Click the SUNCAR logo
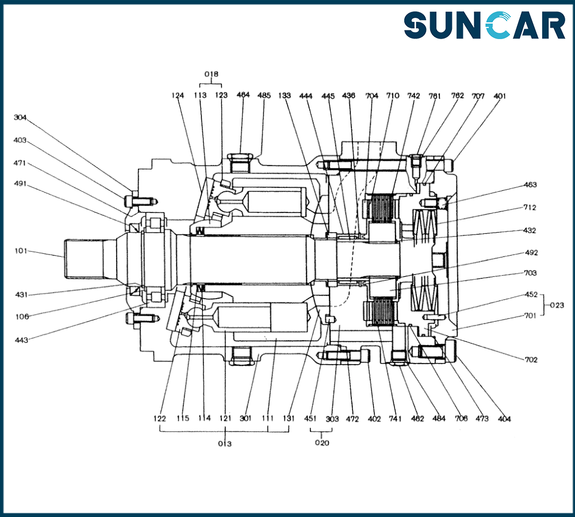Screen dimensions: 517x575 click(x=484, y=26)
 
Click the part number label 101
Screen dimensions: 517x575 click(x=22, y=251)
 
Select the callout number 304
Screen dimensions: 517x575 click(x=20, y=118)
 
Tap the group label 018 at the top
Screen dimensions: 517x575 click(x=213, y=74)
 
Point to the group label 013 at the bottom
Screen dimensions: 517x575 click(x=224, y=443)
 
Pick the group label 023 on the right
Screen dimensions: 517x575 click(x=557, y=305)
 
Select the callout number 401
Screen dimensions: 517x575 click(x=500, y=96)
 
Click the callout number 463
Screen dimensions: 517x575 click(x=530, y=185)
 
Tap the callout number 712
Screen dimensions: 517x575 click(x=530, y=207)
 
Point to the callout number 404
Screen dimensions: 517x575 click(x=504, y=419)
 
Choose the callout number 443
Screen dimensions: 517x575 click(x=22, y=339)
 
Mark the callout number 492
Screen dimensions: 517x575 click(x=531, y=253)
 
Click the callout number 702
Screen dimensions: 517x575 click(x=531, y=360)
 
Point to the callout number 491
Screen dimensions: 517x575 click(x=20, y=184)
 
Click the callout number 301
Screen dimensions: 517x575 click(x=246, y=418)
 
